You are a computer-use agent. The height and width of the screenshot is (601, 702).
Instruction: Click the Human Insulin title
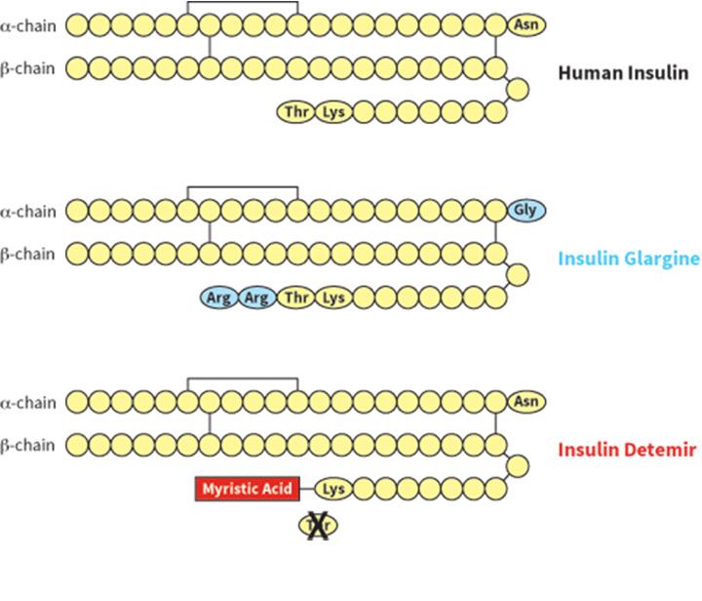point(623,73)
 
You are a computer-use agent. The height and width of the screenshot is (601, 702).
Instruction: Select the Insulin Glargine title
point(629,259)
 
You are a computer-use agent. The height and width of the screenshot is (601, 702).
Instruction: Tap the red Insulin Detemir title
point(626,450)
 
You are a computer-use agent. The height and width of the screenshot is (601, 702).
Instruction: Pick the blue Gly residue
point(527,210)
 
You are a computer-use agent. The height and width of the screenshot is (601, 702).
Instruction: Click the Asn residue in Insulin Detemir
point(527,401)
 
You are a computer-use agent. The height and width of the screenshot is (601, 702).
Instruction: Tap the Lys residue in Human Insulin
point(333,112)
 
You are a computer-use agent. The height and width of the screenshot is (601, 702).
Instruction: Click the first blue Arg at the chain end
point(219,298)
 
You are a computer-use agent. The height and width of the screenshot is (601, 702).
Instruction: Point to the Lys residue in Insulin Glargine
point(333,298)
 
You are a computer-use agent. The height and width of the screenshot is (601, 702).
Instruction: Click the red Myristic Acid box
point(247,488)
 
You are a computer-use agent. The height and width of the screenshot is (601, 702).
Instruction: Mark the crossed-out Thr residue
point(317,527)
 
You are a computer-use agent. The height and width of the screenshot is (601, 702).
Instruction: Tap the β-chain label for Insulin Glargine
point(29,255)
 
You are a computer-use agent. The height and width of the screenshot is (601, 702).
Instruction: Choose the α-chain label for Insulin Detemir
point(29,401)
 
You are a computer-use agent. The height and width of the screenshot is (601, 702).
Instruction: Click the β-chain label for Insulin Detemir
point(29,446)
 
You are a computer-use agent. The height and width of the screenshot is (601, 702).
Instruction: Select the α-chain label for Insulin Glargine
point(29,210)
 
